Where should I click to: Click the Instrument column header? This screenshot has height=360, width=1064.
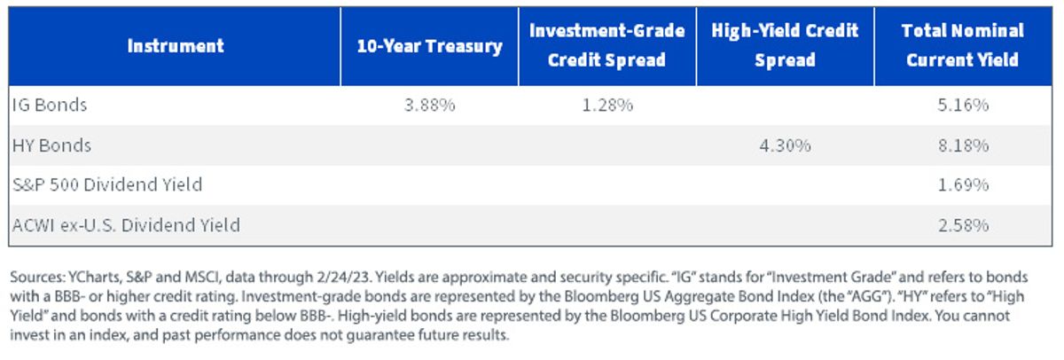176,46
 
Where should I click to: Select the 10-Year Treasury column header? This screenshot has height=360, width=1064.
429,46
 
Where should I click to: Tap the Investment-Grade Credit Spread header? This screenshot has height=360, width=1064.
607,45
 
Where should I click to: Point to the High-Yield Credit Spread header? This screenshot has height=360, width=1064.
785,45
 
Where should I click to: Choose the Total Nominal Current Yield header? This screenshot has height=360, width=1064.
962,45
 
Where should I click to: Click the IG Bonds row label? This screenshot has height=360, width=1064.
50,105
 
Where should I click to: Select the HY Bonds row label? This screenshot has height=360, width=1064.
51,145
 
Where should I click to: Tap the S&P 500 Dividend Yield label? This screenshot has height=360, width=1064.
107,184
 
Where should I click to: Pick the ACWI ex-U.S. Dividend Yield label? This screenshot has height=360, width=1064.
126,225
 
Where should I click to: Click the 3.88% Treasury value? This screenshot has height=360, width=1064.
429,105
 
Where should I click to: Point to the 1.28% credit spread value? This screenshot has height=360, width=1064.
607,105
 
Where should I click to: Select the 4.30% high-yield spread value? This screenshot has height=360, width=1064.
786,145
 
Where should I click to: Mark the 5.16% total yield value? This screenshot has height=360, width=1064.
963,105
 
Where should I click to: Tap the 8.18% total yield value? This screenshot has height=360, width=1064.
963,145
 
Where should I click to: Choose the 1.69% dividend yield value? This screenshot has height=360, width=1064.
963,184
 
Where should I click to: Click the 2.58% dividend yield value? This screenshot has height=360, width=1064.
963,225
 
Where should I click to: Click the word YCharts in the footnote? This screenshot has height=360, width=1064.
95,277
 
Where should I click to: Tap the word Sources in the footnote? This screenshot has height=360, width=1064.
37,277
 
